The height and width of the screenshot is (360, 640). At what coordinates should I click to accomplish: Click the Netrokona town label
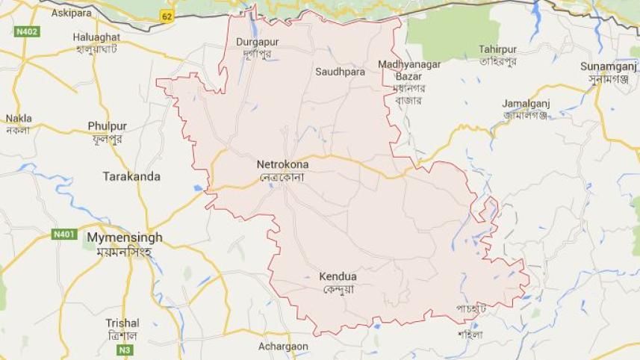pos(282,164)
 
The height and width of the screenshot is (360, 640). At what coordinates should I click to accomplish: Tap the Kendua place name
pos(338,277)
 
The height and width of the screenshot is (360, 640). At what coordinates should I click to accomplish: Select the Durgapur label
pos(257,43)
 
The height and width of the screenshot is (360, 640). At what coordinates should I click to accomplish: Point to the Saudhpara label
pos(340,72)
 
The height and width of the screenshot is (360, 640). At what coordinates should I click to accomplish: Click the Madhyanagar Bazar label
pos(408,70)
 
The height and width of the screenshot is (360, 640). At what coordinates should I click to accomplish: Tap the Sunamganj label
pos(608,66)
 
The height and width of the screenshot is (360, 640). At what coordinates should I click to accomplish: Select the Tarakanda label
pos(131,176)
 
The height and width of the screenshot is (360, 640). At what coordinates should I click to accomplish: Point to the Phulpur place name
pos(108,126)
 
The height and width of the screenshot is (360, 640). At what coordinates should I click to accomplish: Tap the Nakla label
pos(19,119)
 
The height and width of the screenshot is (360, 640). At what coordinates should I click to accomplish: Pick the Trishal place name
pos(122,323)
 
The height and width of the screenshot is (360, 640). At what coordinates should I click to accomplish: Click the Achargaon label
pos(282,347)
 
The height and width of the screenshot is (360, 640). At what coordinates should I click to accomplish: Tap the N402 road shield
pos(26,32)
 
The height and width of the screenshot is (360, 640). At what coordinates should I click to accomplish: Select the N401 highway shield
pos(64,235)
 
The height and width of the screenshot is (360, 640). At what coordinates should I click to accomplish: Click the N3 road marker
pos(127,350)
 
